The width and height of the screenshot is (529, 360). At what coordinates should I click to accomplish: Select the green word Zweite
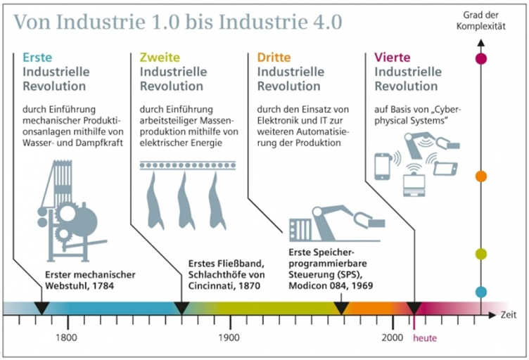(x=160, y=57)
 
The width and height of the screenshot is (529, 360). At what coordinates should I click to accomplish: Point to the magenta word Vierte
(x=393, y=57)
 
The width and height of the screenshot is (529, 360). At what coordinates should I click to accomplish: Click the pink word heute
(x=424, y=338)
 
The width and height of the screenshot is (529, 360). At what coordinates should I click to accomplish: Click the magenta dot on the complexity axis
(x=481, y=59)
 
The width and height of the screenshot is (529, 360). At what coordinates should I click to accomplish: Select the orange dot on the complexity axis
(x=481, y=176)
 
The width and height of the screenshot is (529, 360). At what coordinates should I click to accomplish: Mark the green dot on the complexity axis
(x=481, y=254)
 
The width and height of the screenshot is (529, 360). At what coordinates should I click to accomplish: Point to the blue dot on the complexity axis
(x=481, y=292)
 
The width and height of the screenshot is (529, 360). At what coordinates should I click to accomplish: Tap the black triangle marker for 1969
(x=341, y=308)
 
